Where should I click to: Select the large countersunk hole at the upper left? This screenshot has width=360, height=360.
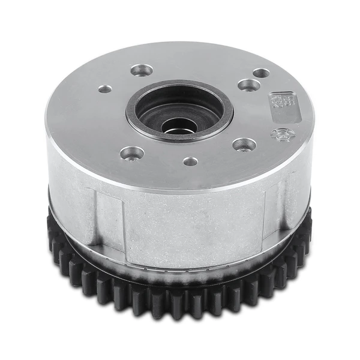tap(142, 70)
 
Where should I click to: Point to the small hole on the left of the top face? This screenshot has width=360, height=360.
tap(105, 89)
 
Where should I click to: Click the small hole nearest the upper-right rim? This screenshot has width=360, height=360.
tap(261, 73)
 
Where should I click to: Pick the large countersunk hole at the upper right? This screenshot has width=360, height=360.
tap(248, 85)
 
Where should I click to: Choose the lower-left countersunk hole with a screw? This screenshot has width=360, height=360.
tap(132, 153)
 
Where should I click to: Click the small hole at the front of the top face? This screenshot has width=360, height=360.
tap(190, 161)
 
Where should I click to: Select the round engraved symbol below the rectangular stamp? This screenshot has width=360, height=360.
tap(282, 134)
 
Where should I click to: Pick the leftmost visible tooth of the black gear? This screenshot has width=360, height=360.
tap(53, 231)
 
